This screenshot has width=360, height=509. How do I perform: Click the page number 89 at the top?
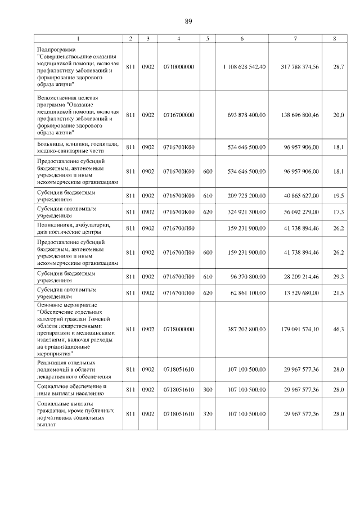coord(188,21)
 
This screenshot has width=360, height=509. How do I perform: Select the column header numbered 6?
coord(242,38)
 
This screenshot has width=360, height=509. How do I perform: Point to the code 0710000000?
coord(178,67)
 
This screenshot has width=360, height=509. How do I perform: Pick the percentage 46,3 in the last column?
coord(337,328)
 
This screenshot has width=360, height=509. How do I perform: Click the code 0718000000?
coord(178,328)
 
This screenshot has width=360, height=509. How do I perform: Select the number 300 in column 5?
coord(208,390)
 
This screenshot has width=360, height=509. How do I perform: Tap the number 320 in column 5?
coord(208,414)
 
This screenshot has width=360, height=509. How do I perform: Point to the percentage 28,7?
coord(337,67)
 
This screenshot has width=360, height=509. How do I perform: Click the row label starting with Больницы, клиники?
coord(77,147)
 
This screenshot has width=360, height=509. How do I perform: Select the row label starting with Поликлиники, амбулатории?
coord(77,228)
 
